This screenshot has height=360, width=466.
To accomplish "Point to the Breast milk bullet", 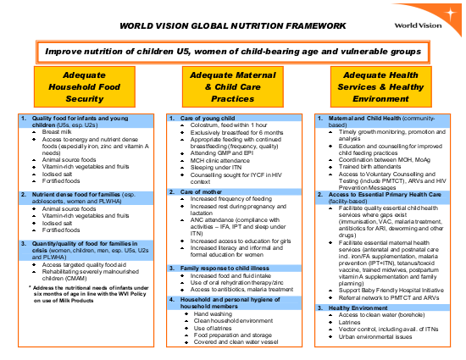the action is click(x=57, y=131).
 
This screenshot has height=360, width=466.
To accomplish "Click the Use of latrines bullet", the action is click(x=214, y=327).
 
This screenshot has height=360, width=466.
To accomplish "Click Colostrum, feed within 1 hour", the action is click(x=229, y=125).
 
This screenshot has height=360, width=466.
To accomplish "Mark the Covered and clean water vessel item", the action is click(x=235, y=341).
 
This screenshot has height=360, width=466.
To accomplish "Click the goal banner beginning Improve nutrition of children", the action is click(x=232, y=51).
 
